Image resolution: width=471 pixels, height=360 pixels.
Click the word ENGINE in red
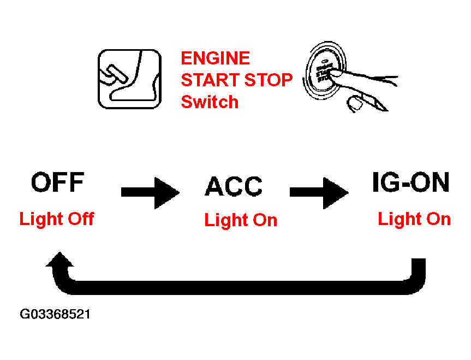click(x=216, y=58)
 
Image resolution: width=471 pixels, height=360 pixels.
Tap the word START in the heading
click(x=210, y=80)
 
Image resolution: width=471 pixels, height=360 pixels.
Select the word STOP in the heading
click(x=268, y=80)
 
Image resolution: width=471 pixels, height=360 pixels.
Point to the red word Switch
click(x=210, y=102)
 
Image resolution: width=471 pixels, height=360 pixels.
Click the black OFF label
click(x=58, y=182)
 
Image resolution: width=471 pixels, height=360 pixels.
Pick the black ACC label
click(x=234, y=186)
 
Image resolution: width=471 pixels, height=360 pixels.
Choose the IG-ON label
click(x=410, y=182)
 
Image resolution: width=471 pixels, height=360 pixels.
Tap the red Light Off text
click(x=57, y=219)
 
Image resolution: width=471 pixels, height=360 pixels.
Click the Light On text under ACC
click(x=241, y=220)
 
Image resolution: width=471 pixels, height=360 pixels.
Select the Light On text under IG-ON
click(x=414, y=219)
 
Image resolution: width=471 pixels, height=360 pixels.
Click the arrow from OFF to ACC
click(x=150, y=192)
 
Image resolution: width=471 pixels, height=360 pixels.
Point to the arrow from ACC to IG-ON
click(x=319, y=192)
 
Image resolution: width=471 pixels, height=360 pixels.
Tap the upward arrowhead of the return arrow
click(x=60, y=259)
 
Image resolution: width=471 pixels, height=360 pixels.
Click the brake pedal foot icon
click(x=130, y=79)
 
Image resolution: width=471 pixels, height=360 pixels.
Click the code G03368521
click(x=55, y=314)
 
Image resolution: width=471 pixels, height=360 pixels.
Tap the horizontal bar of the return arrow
click(x=240, y=287)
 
